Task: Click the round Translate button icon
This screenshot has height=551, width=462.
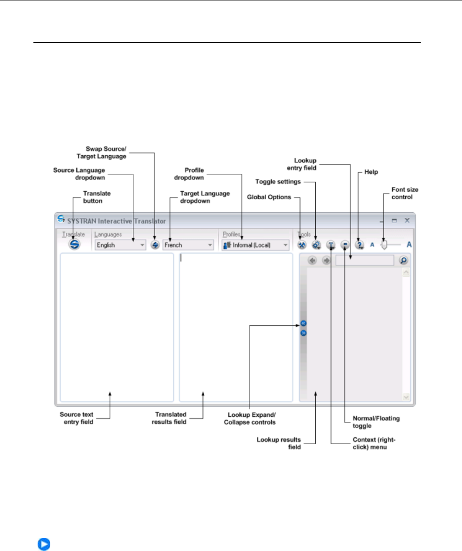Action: (74, 244)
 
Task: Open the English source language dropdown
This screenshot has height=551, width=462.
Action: (120, 245)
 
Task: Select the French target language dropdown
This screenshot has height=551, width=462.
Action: (188, 245)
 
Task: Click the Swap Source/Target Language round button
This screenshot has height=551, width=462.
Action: (155, 245)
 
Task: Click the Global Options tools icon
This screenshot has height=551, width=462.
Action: (302, 244)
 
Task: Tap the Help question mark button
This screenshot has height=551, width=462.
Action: (359, 244)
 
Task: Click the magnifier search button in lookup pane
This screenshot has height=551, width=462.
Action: (403, 261)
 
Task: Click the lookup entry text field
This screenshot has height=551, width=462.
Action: (364, 261)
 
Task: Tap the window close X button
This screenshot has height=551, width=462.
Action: (407, 220)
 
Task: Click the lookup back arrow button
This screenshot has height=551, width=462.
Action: (312, 261)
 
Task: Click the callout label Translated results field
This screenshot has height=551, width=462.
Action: (171, 418)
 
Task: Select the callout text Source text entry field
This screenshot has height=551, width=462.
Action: (77, 418)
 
